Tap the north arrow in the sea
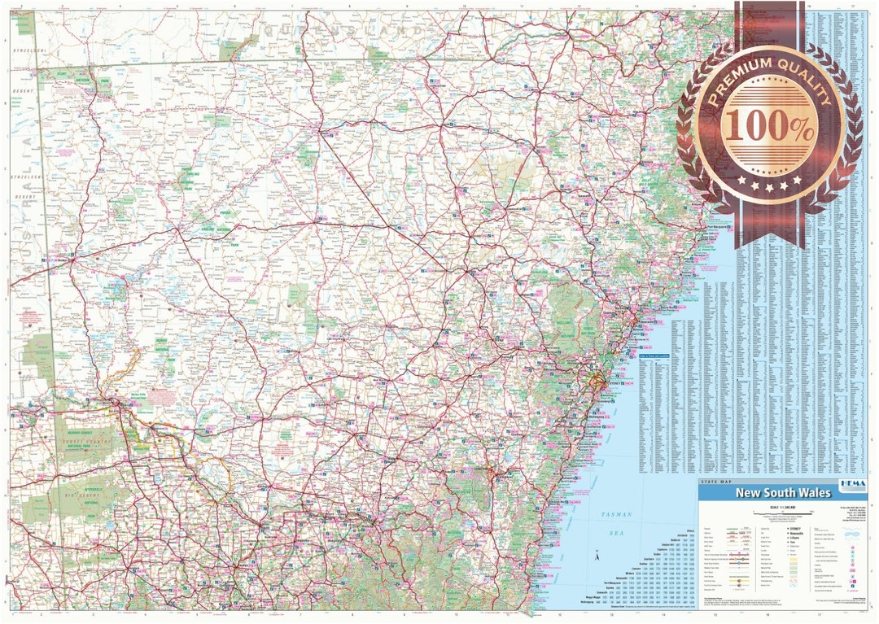[598, 558]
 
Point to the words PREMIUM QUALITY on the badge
[768, 81]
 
